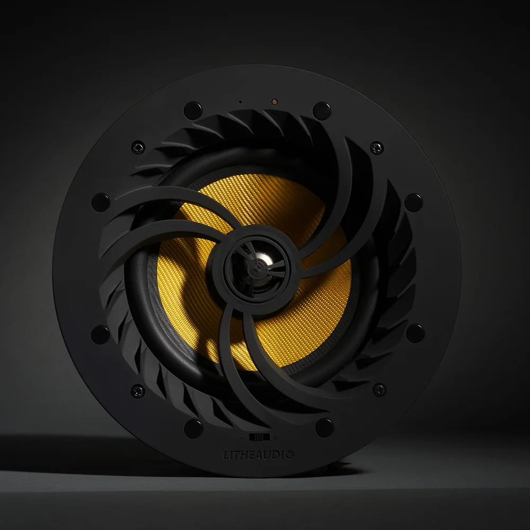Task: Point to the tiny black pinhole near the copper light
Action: click(240, 101)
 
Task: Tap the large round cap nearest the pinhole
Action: click(193, 110)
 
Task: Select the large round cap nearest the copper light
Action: click(322, 110)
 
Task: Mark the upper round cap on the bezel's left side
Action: click(101, 202)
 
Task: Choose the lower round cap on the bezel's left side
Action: click(101, 334)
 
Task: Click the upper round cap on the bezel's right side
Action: click(414, 202)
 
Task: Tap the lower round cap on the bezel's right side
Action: click(415, 334)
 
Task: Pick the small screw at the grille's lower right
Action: click(378, 389)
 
